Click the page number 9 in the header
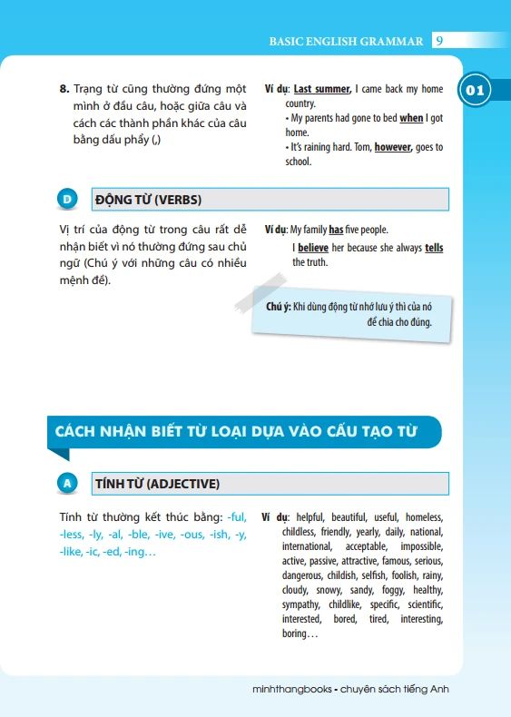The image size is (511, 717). click(439, 41)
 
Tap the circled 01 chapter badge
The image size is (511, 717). click(476, 91)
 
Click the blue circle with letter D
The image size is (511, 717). click(66, 200)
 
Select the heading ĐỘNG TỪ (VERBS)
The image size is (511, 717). click(148, 200)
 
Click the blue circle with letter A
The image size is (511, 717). click(66, 484)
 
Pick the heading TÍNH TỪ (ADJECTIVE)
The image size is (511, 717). click(157, 484)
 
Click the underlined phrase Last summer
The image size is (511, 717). click(321, 89)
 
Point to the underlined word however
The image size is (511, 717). click(393, 147)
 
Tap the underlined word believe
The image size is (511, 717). click(313, 247)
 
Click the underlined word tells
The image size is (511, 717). click(434, 247)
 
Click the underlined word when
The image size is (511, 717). click(411, 118)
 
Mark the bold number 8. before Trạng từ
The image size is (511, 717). click(64, 89)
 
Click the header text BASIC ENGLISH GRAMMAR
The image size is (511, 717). click(346, 41)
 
